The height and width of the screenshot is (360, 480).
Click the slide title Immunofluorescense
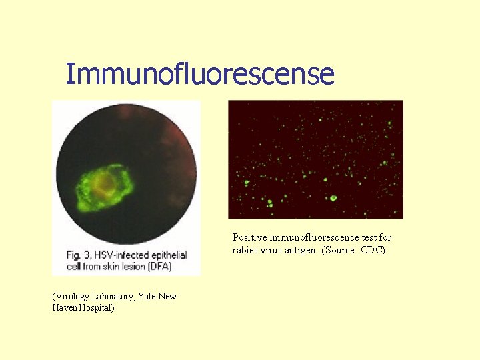point(199,74)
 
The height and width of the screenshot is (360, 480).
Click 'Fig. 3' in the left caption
point(78,255)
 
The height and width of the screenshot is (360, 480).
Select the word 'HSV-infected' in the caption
point(119,255)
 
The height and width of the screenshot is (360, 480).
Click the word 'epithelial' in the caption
point(165,255)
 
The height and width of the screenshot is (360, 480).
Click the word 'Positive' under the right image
point(249,237)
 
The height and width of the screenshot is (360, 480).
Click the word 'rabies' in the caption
point(245,250)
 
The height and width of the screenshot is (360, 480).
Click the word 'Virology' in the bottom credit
point(73,296)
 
